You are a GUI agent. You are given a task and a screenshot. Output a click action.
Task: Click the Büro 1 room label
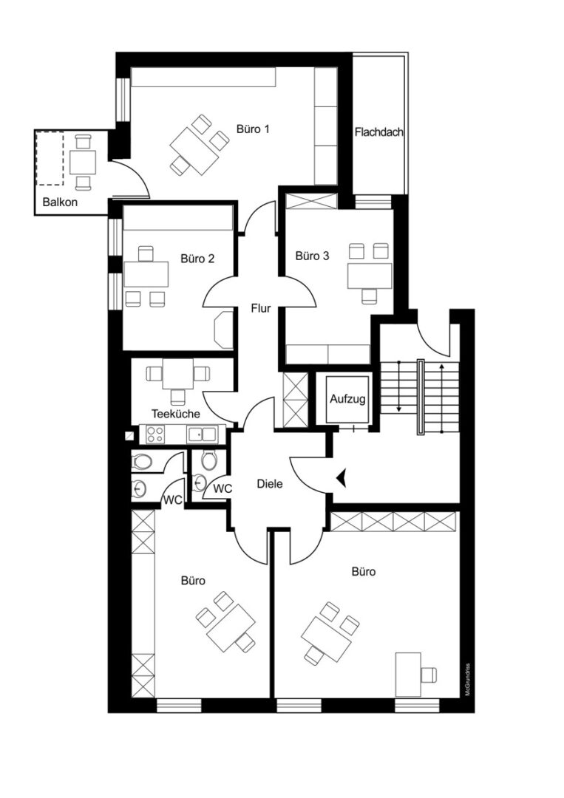tap(253, 129)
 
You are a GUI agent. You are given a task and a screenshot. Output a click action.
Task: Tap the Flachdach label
tap(378, 132)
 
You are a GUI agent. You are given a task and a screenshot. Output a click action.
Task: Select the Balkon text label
tap(60, 202)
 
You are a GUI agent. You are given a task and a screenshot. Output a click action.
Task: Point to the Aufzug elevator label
tap(347, 398)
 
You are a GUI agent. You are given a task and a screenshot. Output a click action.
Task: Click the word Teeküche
tap(176, 414)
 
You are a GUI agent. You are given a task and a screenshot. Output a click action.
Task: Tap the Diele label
tap(269, 484)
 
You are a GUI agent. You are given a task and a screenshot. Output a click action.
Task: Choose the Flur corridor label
tap(261, 308)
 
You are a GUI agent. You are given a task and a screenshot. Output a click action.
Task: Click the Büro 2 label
tap(197, 259)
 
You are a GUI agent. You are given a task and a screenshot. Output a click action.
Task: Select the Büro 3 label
tap(312, 256)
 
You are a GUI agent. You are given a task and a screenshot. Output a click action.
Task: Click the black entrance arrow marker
tap(341, 478)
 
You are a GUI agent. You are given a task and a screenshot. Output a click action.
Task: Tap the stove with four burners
tap(155, 434)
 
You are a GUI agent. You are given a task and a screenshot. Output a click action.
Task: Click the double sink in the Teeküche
tap(202, 434)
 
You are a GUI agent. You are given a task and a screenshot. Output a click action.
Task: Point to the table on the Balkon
tap(83, 162)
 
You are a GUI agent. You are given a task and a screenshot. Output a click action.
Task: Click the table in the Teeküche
tap(177, 374)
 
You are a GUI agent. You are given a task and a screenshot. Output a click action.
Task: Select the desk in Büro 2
tap(146, 274)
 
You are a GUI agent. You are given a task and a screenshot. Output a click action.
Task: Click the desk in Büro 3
tap(370, 276)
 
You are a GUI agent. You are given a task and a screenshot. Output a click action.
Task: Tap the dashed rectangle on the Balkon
tap(50, 158)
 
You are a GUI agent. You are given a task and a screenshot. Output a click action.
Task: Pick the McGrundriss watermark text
tap(466, 679)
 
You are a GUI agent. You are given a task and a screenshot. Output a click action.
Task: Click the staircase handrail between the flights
tap(421, 397)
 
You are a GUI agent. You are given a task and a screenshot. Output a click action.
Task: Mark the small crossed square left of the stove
tap(130, 436)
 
